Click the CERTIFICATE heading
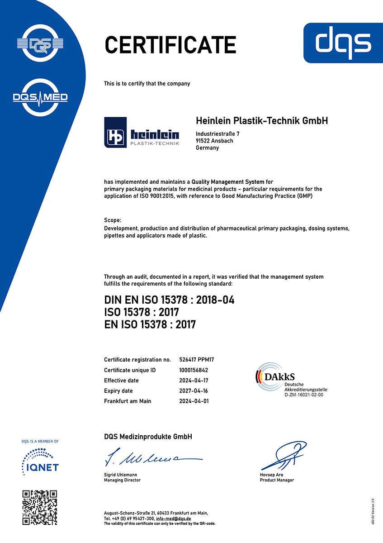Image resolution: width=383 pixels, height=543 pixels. pyautogui.click(x=170, y=45)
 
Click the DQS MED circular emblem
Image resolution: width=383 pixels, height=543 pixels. pyautogui.click(x=40, y=97)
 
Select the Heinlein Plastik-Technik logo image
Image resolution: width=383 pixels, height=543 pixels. pyautogui.click(x=142, y=132)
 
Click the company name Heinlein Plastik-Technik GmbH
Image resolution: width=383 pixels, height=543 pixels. pyautogui.click(x=262, y=121)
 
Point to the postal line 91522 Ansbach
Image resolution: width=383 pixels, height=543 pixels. pyautogui.click(x=214, y=141)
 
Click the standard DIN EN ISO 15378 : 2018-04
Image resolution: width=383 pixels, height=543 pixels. pyautogui.click(x=169, y=300)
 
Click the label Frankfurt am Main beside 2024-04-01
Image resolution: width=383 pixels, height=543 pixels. pyautogui.click(x=128, y=401)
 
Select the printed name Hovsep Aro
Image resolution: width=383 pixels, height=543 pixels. pyautogui.click(x=271, y=475)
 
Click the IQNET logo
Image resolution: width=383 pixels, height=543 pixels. pyautogui.click(x=40, y=461)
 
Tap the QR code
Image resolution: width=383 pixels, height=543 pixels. pyautogui.click(x=40, y=507)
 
